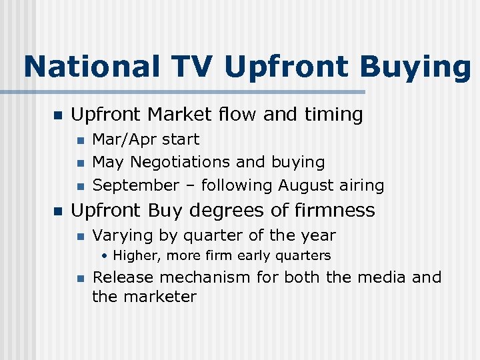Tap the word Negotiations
tap(180, 163)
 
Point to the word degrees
tap(216, 211)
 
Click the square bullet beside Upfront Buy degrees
tap(57, 211)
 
